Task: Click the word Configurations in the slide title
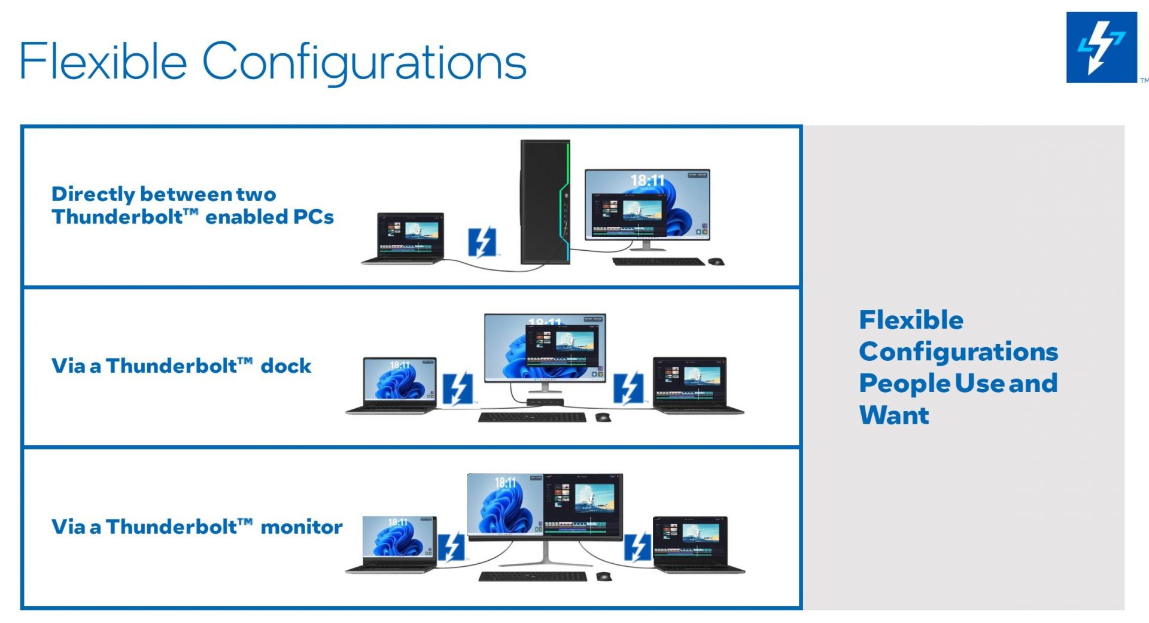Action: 364,63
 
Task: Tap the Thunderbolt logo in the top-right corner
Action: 1101,47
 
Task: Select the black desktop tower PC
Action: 545,202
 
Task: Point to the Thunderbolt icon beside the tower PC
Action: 482,242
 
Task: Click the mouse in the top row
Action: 716,262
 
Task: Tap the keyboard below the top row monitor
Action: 658,262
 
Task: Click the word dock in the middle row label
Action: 286,366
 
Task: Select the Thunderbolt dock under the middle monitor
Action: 545,402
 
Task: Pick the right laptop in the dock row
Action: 697,385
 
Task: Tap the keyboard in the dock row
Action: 532,417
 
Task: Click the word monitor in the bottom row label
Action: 302,527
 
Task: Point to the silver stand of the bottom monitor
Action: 545,554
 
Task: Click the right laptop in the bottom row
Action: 698,545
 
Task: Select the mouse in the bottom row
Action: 604,576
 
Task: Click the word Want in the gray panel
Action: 894,415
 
